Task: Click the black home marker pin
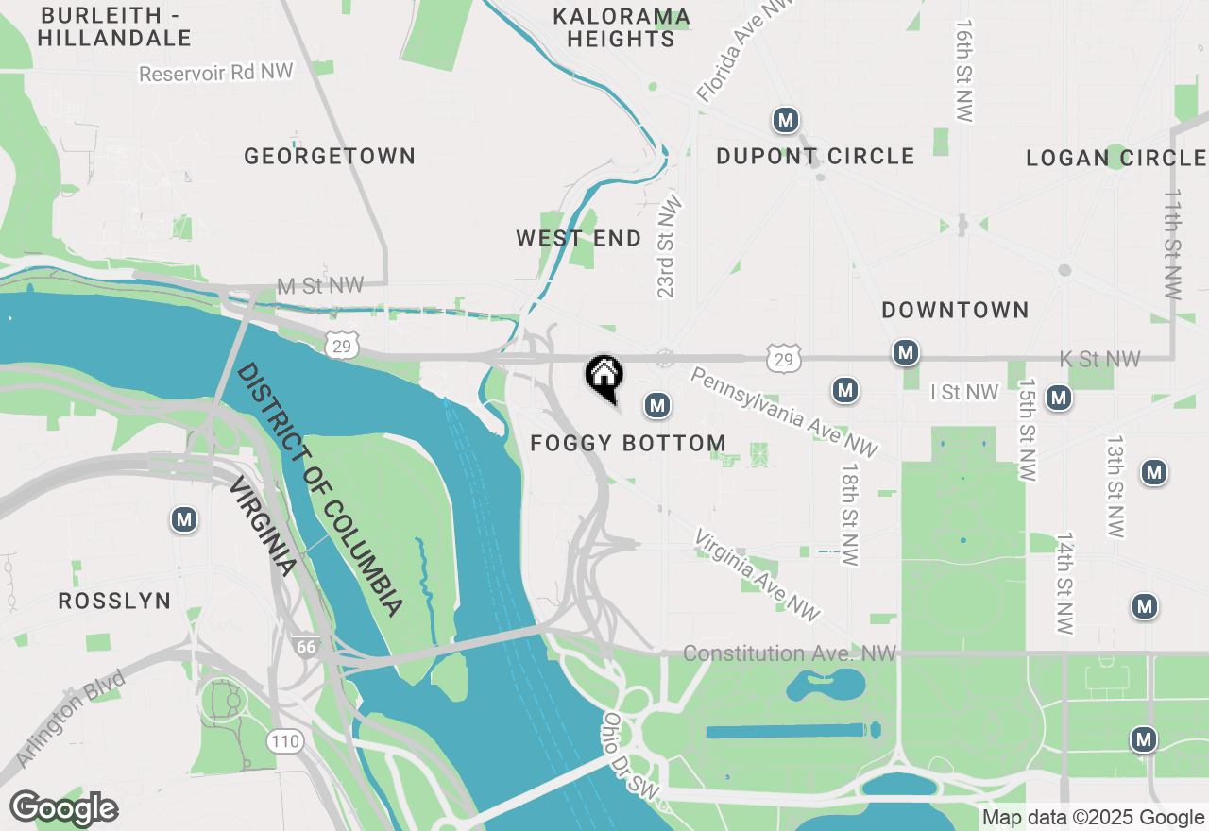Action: (x=604, y=376)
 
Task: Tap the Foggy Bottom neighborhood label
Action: (x=628, y=443)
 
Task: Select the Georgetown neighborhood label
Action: (x=330, y=156)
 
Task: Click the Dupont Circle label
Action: (x=815, y=156)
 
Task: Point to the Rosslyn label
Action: (x=114, y=601)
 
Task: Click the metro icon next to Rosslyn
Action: (x=184, y=519)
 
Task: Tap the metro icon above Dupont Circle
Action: (x=785, y=120)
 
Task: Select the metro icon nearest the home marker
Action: (x=657, y=406)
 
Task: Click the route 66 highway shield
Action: (x=305, y=647)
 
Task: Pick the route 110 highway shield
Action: (x=284, y=741)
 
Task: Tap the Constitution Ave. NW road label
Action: (x=789, y=653)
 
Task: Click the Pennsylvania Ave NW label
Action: (x=784, y=414)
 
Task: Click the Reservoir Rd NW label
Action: (x=216, y=73)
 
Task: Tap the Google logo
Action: (x=63, y=809)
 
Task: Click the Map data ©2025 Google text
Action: (x=1093, y=818)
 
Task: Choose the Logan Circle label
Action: (x=1115, y=158)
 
